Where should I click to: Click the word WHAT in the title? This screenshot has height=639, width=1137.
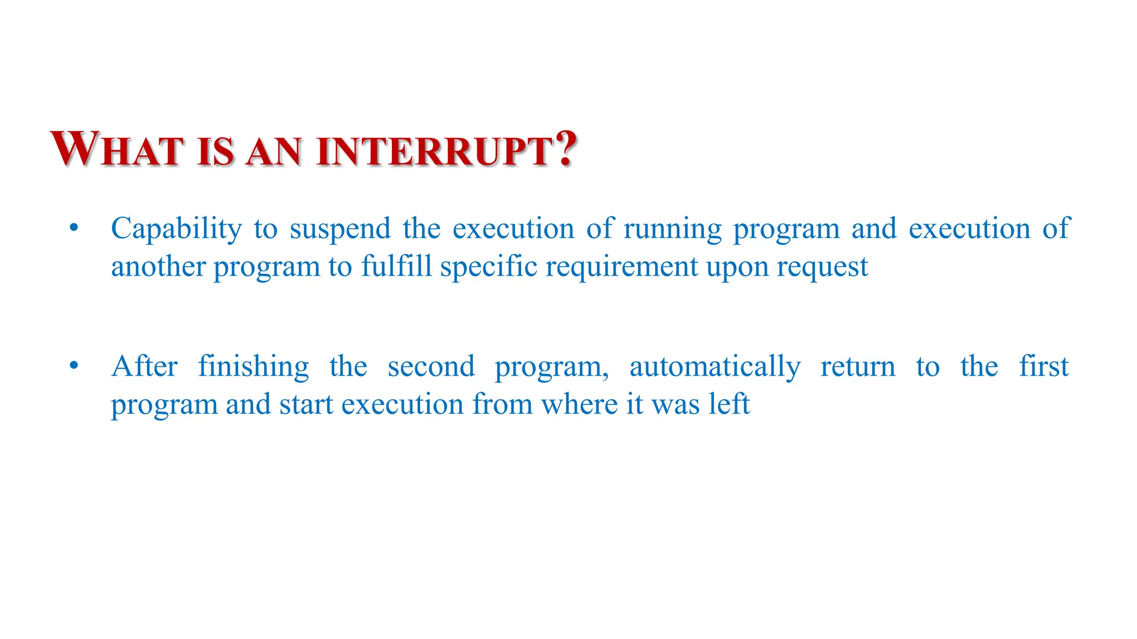click(117, 149)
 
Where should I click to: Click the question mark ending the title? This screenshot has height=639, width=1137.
click(567, 149)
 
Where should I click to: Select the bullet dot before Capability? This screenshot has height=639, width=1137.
click(74, 227)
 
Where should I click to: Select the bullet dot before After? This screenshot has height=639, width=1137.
click(74, 366)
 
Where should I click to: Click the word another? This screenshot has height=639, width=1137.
click(158, 267)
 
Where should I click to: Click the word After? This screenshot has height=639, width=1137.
click(144, 367)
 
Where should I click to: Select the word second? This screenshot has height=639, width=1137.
click(431, 367)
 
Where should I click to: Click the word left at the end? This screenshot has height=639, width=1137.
click(728, 403)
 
